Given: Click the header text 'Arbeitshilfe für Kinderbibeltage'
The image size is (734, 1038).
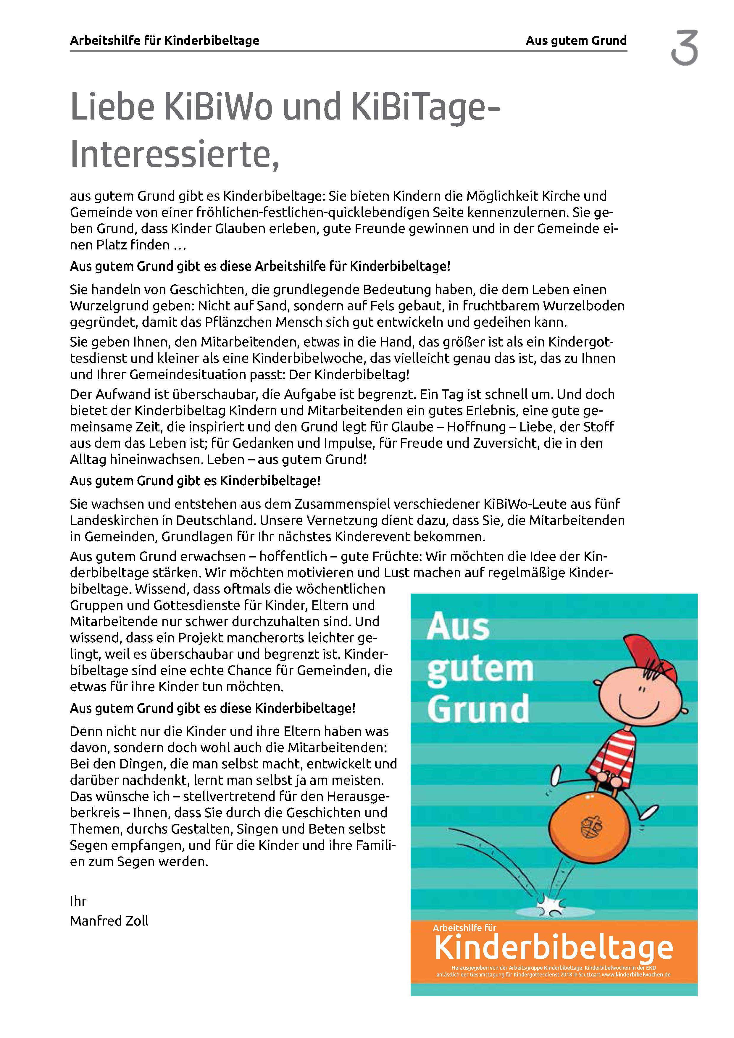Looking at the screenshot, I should point(164,41).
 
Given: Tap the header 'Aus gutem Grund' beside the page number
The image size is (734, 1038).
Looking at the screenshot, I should point(576,41).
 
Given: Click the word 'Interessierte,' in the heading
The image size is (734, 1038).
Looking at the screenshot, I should point(175,155).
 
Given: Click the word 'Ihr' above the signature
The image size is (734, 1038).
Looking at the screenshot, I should point(78,901).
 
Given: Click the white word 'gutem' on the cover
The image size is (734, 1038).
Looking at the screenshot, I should point(480,670).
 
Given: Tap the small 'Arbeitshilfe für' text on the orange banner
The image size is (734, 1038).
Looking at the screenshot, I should point(464,928).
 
